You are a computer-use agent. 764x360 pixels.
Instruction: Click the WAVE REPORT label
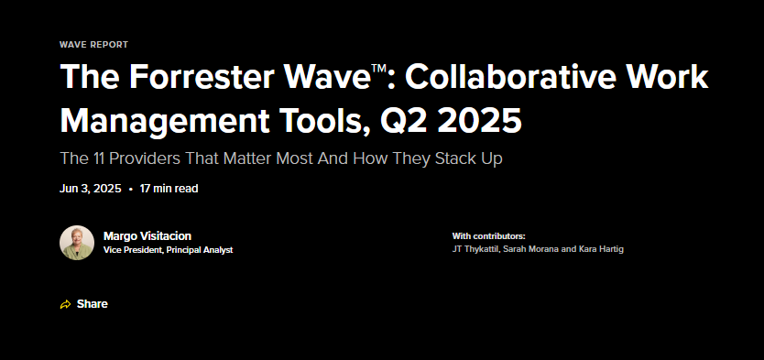pyautogui.click(x=93, y=44)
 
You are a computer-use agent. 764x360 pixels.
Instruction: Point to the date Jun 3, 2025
pyautogui.click(x=91, y=189)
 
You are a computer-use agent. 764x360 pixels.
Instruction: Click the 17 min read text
pyautogui.click(x=169, y=189)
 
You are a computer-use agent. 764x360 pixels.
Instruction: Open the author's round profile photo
pyautogui.click(x=77, y=243)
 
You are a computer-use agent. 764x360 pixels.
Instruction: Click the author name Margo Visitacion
pyautogui.click(x=147, y=236)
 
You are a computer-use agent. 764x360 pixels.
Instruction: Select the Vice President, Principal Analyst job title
pyautogui.click(x=168, y=250)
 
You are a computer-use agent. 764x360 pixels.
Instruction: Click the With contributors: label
pyautogui.click(x=488, y=236)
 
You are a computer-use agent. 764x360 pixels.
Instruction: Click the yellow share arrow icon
pyautogui.click(x=65, y=304)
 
